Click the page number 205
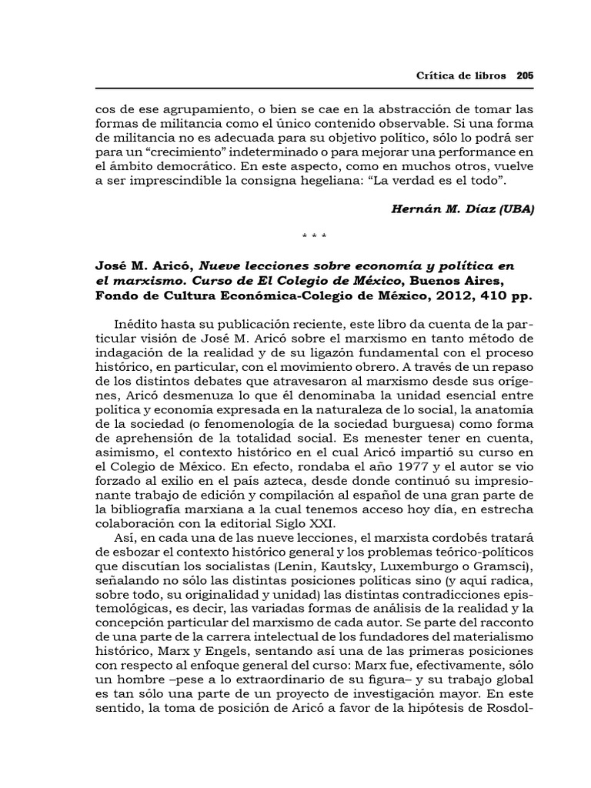(x=525, y=76)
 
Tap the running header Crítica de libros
(x=460, y=76)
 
